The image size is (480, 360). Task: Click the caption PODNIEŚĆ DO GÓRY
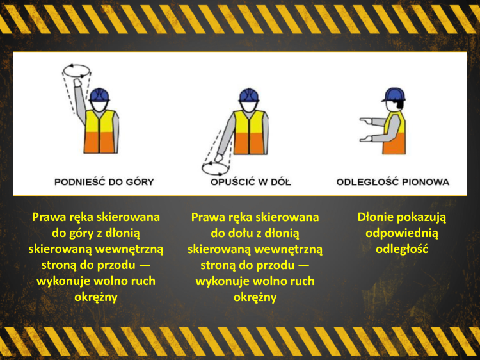click(104, 182)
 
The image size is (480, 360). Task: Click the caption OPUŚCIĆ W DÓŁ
click(251, 182)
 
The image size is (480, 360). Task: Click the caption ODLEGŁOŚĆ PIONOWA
click(393, 182)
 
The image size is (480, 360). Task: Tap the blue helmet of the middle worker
click(250, 95)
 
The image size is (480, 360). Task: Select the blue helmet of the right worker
click(393, 95)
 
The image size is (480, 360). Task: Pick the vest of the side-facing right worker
click(396, 133)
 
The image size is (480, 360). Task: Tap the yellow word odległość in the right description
click(402, 249)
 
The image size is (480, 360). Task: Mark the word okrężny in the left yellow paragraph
click(95, 297)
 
